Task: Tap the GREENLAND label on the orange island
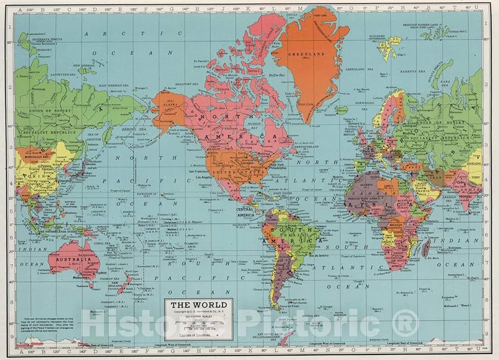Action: coord(305,55)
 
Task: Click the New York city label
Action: coord(277,165)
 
